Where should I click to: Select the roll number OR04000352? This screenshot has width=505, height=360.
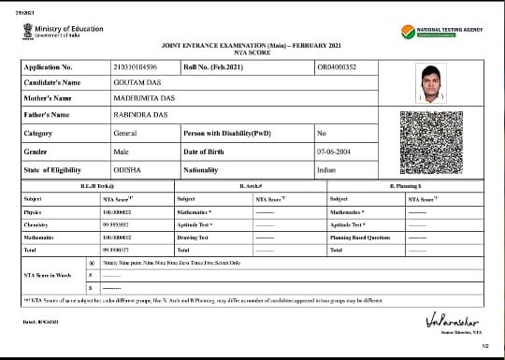[338, 67]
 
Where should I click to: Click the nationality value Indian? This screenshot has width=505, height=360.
[326, 170]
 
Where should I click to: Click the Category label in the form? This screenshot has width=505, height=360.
[38, 134]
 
